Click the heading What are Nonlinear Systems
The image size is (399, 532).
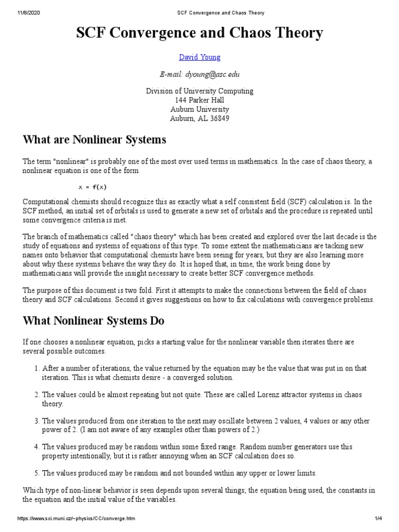pos(95,140)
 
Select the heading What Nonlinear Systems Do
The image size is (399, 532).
pos(94,321)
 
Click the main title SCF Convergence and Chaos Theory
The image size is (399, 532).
pos(199,34)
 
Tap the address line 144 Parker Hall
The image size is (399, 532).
pos(199,100)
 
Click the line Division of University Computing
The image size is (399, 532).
pos(199,91)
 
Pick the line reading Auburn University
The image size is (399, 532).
pos(199,109)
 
